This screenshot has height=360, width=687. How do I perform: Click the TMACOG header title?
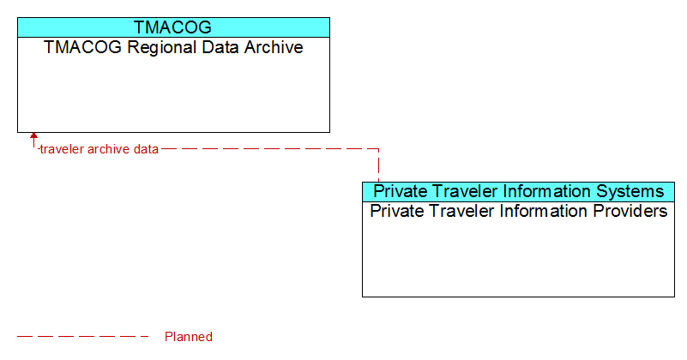[172, 27]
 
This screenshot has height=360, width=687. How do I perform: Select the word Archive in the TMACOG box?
[274, 47]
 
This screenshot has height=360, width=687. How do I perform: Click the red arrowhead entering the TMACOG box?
[33, 135]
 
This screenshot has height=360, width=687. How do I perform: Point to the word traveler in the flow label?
[62, 149]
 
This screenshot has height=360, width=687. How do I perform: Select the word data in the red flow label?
[146, 149]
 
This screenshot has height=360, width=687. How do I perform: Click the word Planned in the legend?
[189, 337]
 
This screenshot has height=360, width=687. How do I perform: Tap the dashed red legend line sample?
[83, 336]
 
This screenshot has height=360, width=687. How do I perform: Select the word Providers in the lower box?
[630, 211]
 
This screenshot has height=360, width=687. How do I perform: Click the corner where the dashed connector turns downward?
[378, 149]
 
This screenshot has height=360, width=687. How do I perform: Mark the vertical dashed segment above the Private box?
[378, 165]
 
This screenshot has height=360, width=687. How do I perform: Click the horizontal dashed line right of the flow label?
[270, 149]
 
